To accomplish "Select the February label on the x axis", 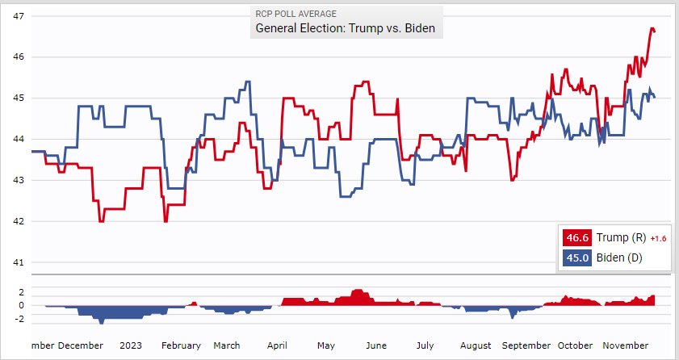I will click(181, 345).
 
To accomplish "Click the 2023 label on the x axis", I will click(131, 345).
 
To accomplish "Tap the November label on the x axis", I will click(626, 345).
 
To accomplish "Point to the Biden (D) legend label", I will click(618, 258).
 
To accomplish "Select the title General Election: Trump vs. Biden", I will click(345, 28).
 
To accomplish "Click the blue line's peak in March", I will click(247, 82).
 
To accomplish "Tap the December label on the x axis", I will click(80, 345).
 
